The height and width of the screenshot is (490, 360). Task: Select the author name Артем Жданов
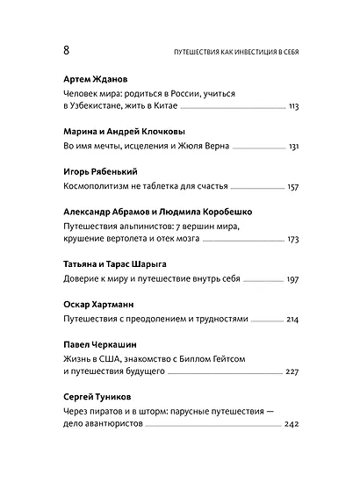100,77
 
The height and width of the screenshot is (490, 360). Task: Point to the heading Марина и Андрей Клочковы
127,128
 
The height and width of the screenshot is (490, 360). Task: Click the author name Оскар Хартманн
104,305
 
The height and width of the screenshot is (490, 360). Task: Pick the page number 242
292,426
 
